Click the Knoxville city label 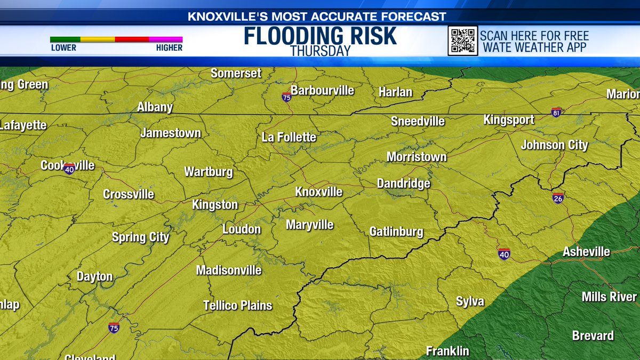click(319, 192)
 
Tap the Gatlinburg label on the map click(396, 232)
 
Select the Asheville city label click(586, 252)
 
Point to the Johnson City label click(554, 145)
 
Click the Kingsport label click(509, 120)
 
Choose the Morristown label click(417, 157)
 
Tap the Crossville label click(129, 195)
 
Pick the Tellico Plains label click(238, 306)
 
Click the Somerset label click(236, 74)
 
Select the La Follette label click(289, 138)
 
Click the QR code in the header click(462, 41)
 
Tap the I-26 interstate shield click(558, 198)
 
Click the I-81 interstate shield click(556, 112)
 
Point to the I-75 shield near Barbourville click(287, 97)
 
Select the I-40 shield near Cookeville click(69, 169)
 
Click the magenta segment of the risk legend click(166, 39)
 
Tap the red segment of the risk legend click(132, 39)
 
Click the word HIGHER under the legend click(169, 48)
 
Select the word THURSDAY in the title click(320, 51)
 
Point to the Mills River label click(609, 297)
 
